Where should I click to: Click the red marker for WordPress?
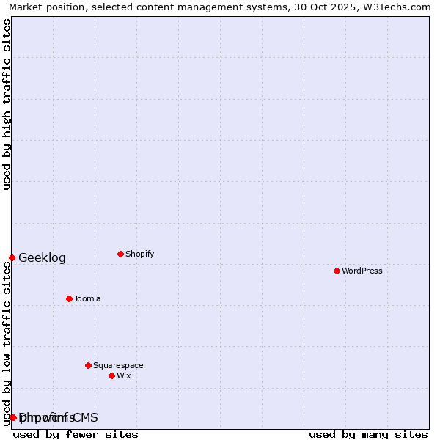337,271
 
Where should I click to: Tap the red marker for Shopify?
120,254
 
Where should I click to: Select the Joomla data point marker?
69,298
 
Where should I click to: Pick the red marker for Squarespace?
88,365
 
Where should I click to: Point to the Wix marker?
111,375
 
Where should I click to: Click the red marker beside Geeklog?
12,257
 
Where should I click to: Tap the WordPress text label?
362,271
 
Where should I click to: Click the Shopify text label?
139,254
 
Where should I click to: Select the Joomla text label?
87,298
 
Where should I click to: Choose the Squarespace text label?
118,365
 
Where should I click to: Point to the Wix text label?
123,375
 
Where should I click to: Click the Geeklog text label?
42,258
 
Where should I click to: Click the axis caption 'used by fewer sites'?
76,434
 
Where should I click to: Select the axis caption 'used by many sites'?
368,434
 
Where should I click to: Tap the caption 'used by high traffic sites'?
7,104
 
